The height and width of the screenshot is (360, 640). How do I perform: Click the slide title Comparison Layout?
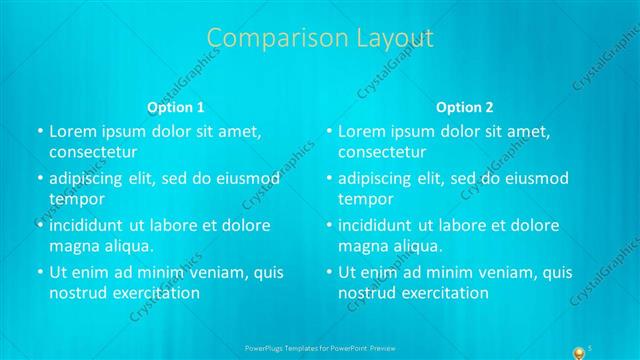pyautogui.click(x=320, y=39)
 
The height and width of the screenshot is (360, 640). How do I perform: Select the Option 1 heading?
pyautogui.click(x=176, y=107)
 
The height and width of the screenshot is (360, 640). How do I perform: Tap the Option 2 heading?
pyautogui.click(x=465, y=107)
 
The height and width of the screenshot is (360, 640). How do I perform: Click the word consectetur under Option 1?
pyautogui.click(x=93, y=152)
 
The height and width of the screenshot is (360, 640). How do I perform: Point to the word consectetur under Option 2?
pyautogui.click(x=383, y=152)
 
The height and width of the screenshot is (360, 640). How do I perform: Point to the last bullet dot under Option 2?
pyautogui.click(x=329, y=273)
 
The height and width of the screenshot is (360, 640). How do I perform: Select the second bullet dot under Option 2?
pyautogui.click(x=329, y=179)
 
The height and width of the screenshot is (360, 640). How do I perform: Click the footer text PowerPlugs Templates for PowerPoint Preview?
pyautogui.click(x=319, y=348)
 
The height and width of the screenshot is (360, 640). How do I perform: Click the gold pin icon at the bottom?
pyautogui.click(x=577, y=352)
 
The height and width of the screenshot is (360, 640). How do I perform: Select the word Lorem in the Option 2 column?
pyautogui.click(x=361, y=132)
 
